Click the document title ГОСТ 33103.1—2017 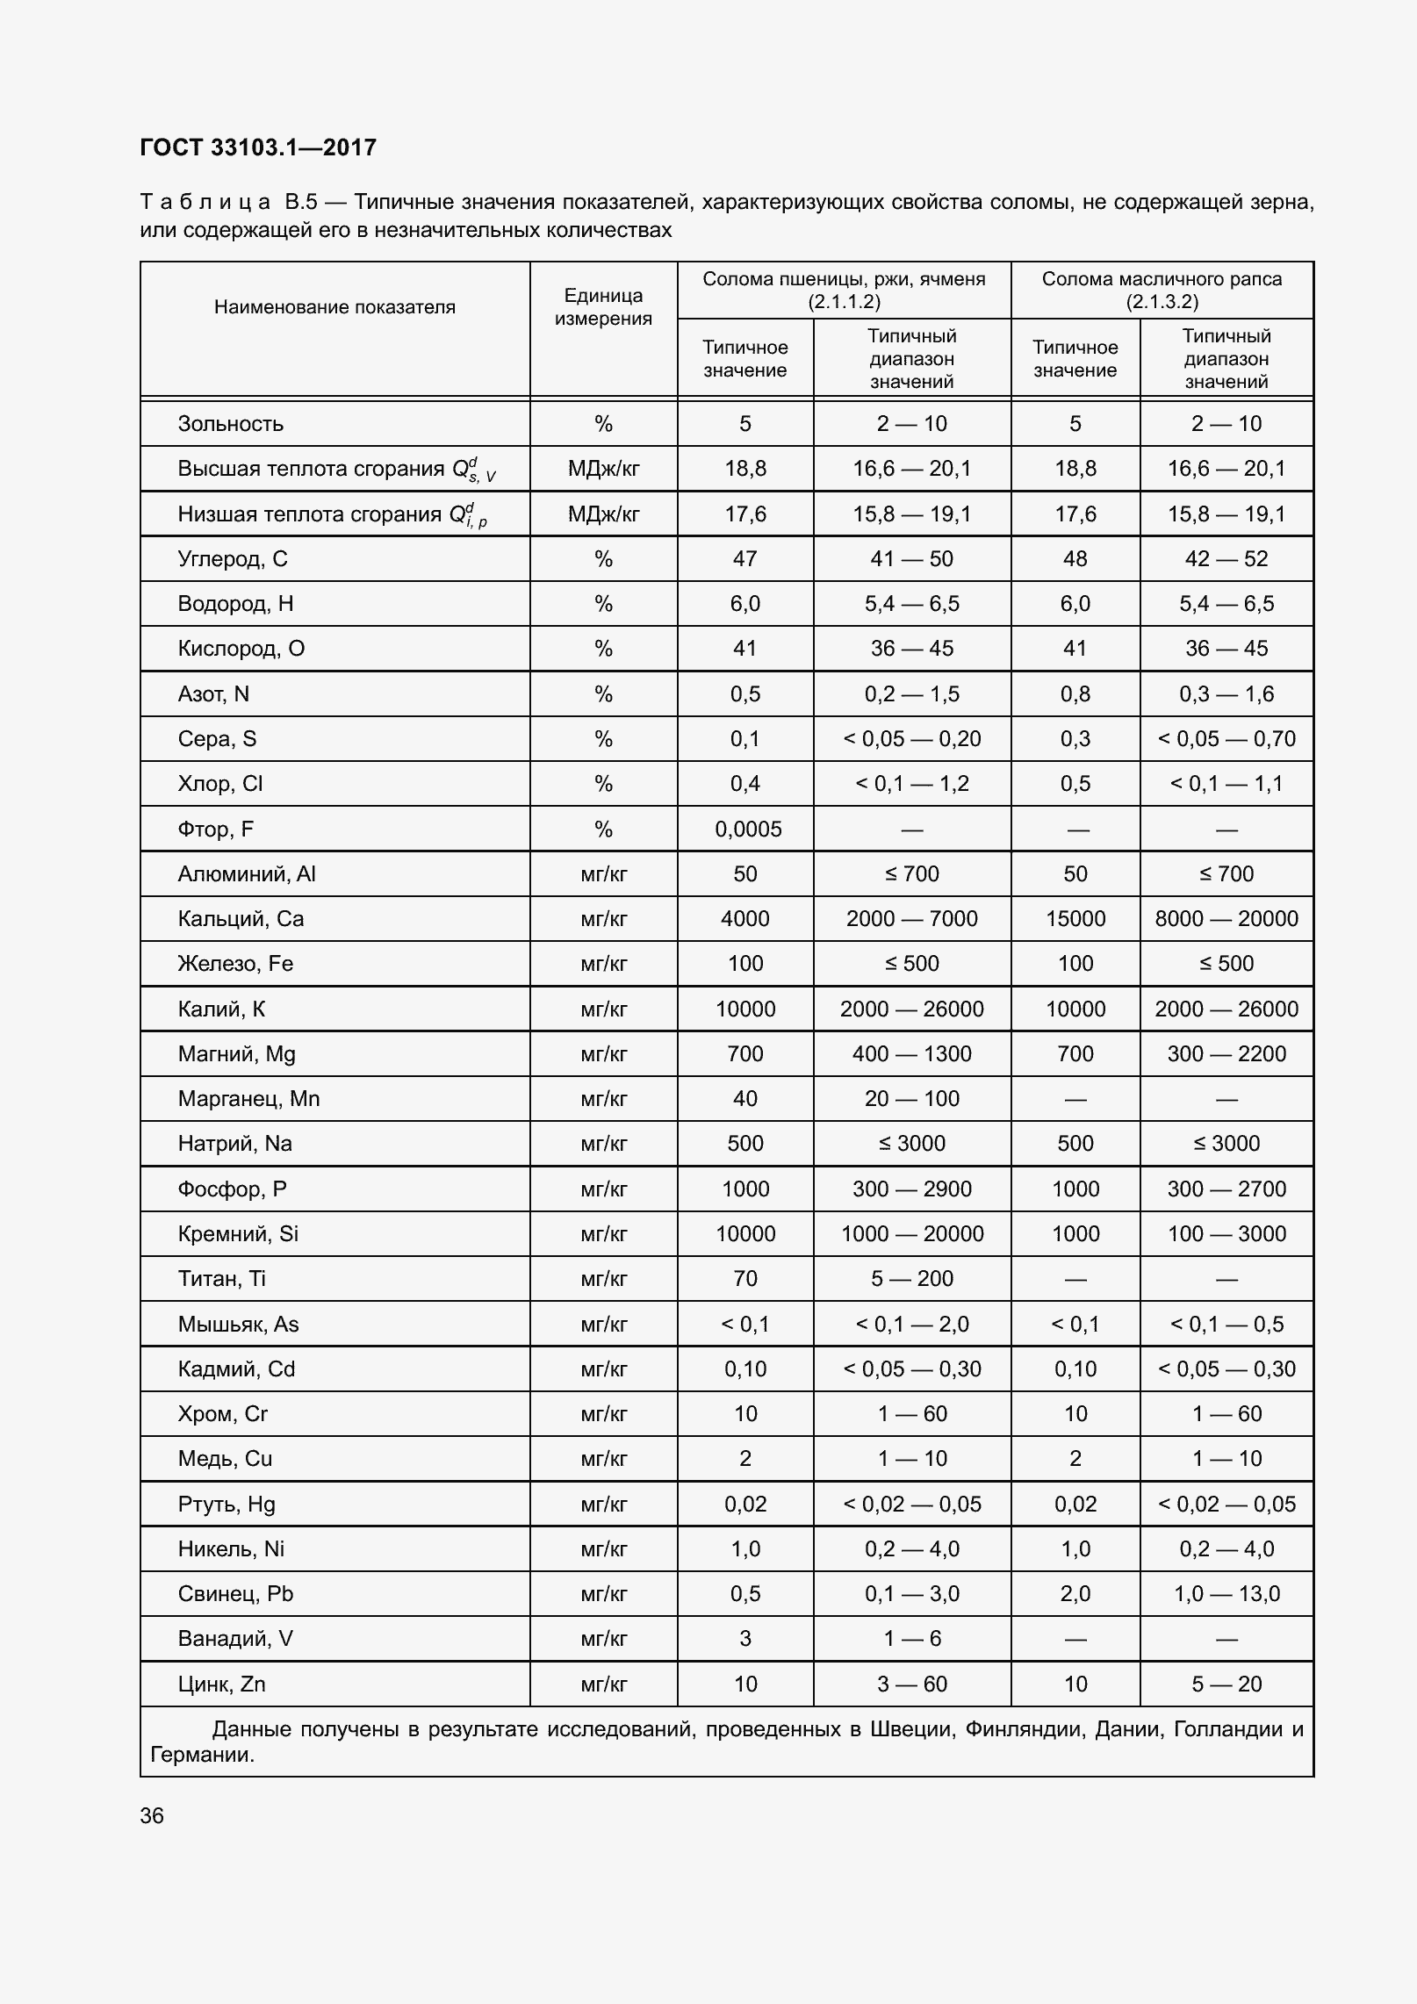click(x=258, y=147)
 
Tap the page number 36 click(x=152, y=1815)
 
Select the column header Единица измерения click(x=603, y=307)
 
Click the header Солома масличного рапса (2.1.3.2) click(x=1162, y=291)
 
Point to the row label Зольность click(x=231, y=424)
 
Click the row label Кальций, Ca click(x=241, y=919)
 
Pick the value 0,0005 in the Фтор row click(x=748, y=830)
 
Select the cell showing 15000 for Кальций click(x=1075, y=919)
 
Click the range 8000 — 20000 click(x=1226, y=919)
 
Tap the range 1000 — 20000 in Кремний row click(x=911, y=1233)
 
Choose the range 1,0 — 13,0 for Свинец click(x=1226, y=1593)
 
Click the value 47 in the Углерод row click(x=744, y=559)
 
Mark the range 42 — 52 click(x=1226, y=559)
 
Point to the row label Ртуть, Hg click(x=227, y=1504)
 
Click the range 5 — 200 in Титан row click(x=911, y=1278)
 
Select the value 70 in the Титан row click(x=744, y=1278)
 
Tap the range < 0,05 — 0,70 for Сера click(x=1226, y=739)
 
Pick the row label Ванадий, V click(x=235, y=1638)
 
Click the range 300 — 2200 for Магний click(x=1226, y=1053)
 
